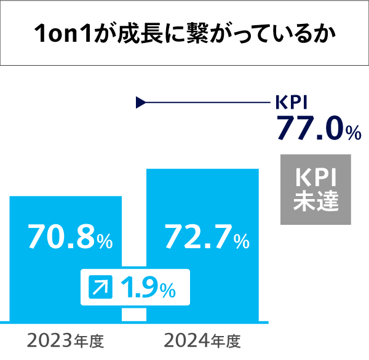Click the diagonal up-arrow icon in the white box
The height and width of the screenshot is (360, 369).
(98, 286)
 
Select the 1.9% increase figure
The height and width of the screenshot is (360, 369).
(148, 286)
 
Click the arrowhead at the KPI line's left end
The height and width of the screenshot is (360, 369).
(140, 103)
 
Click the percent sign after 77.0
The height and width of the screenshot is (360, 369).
(352, 131)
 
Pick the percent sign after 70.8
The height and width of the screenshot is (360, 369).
(105, 241)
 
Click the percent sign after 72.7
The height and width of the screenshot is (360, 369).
(242, 241)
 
